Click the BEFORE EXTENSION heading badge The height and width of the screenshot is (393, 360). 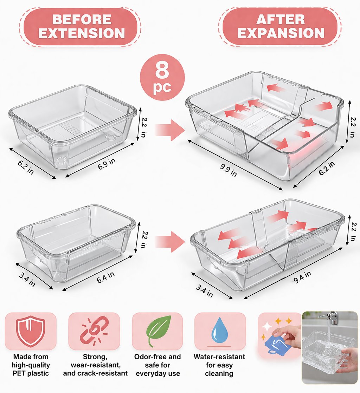tap(80, 26)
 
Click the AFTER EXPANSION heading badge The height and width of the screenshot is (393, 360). tap(280, 26)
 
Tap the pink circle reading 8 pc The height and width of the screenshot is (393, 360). tap(162, 77)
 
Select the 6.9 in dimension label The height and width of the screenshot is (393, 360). tap(107, 164)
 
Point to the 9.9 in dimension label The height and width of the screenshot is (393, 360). tap(228, 170)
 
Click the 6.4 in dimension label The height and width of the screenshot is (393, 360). tap(106, 277)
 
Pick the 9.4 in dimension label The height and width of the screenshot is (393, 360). tap(302, 277)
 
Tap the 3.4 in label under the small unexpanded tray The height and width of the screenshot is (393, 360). tap(27, 279)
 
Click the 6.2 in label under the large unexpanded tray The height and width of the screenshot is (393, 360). tap(26, 167)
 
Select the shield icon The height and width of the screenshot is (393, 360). tap(31, 331)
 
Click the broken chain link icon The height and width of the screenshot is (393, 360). tap(94, 331)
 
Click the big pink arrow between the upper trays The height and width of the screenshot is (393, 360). tap(170, 130)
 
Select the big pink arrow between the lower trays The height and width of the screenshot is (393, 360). tap(170, 242)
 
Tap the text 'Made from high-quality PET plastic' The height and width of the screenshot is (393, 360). tap(31, 365)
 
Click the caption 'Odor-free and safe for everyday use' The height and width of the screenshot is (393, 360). tap(157, 365)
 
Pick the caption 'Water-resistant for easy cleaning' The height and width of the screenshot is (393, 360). tap(219, 365)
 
